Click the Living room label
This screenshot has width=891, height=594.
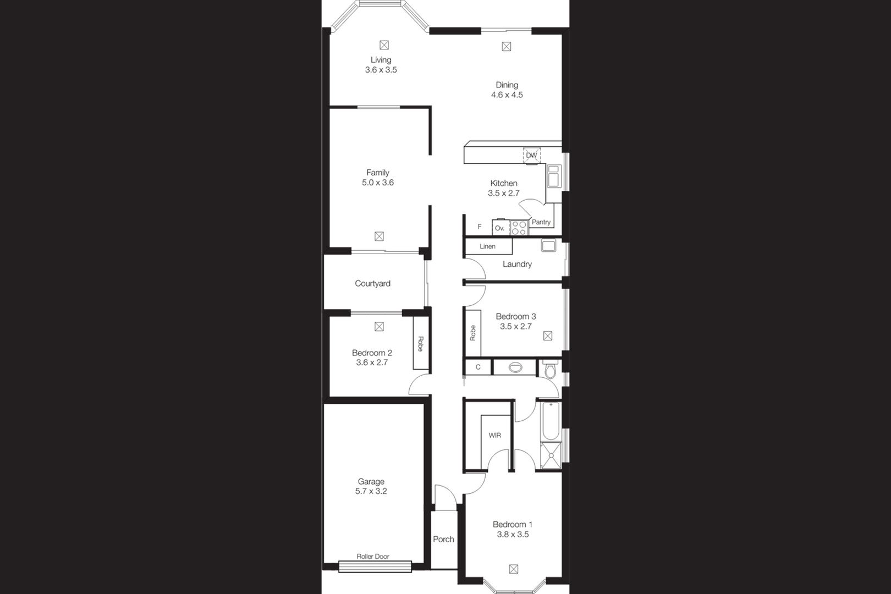coord(381,60)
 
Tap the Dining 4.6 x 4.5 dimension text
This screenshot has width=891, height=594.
coord(507,95)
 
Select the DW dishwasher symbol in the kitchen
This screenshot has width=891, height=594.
coord(531,155)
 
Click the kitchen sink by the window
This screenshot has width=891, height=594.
coord(554,176)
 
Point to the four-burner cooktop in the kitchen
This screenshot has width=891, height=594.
coord(519,228)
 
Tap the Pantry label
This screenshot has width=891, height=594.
coord(541,222)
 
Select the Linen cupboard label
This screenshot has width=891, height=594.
coord(487,246)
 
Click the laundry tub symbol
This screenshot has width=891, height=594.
coord(548,245)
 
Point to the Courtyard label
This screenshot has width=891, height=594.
coord(372,283)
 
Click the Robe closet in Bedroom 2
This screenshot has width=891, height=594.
coord(420,343)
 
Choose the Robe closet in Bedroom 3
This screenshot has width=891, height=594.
coord(473,333)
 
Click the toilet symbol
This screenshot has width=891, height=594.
coord(551,369)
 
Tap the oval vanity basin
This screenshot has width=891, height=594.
coord(515,367)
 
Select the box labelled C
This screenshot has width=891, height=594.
coord(478,367)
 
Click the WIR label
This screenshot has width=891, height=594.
coord(494,435)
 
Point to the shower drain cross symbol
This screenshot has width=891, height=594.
coord(551,455)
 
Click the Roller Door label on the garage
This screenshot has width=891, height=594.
coord(373,556)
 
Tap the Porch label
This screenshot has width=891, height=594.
coord(443,539)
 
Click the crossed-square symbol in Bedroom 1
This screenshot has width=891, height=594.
coord(514,569)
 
